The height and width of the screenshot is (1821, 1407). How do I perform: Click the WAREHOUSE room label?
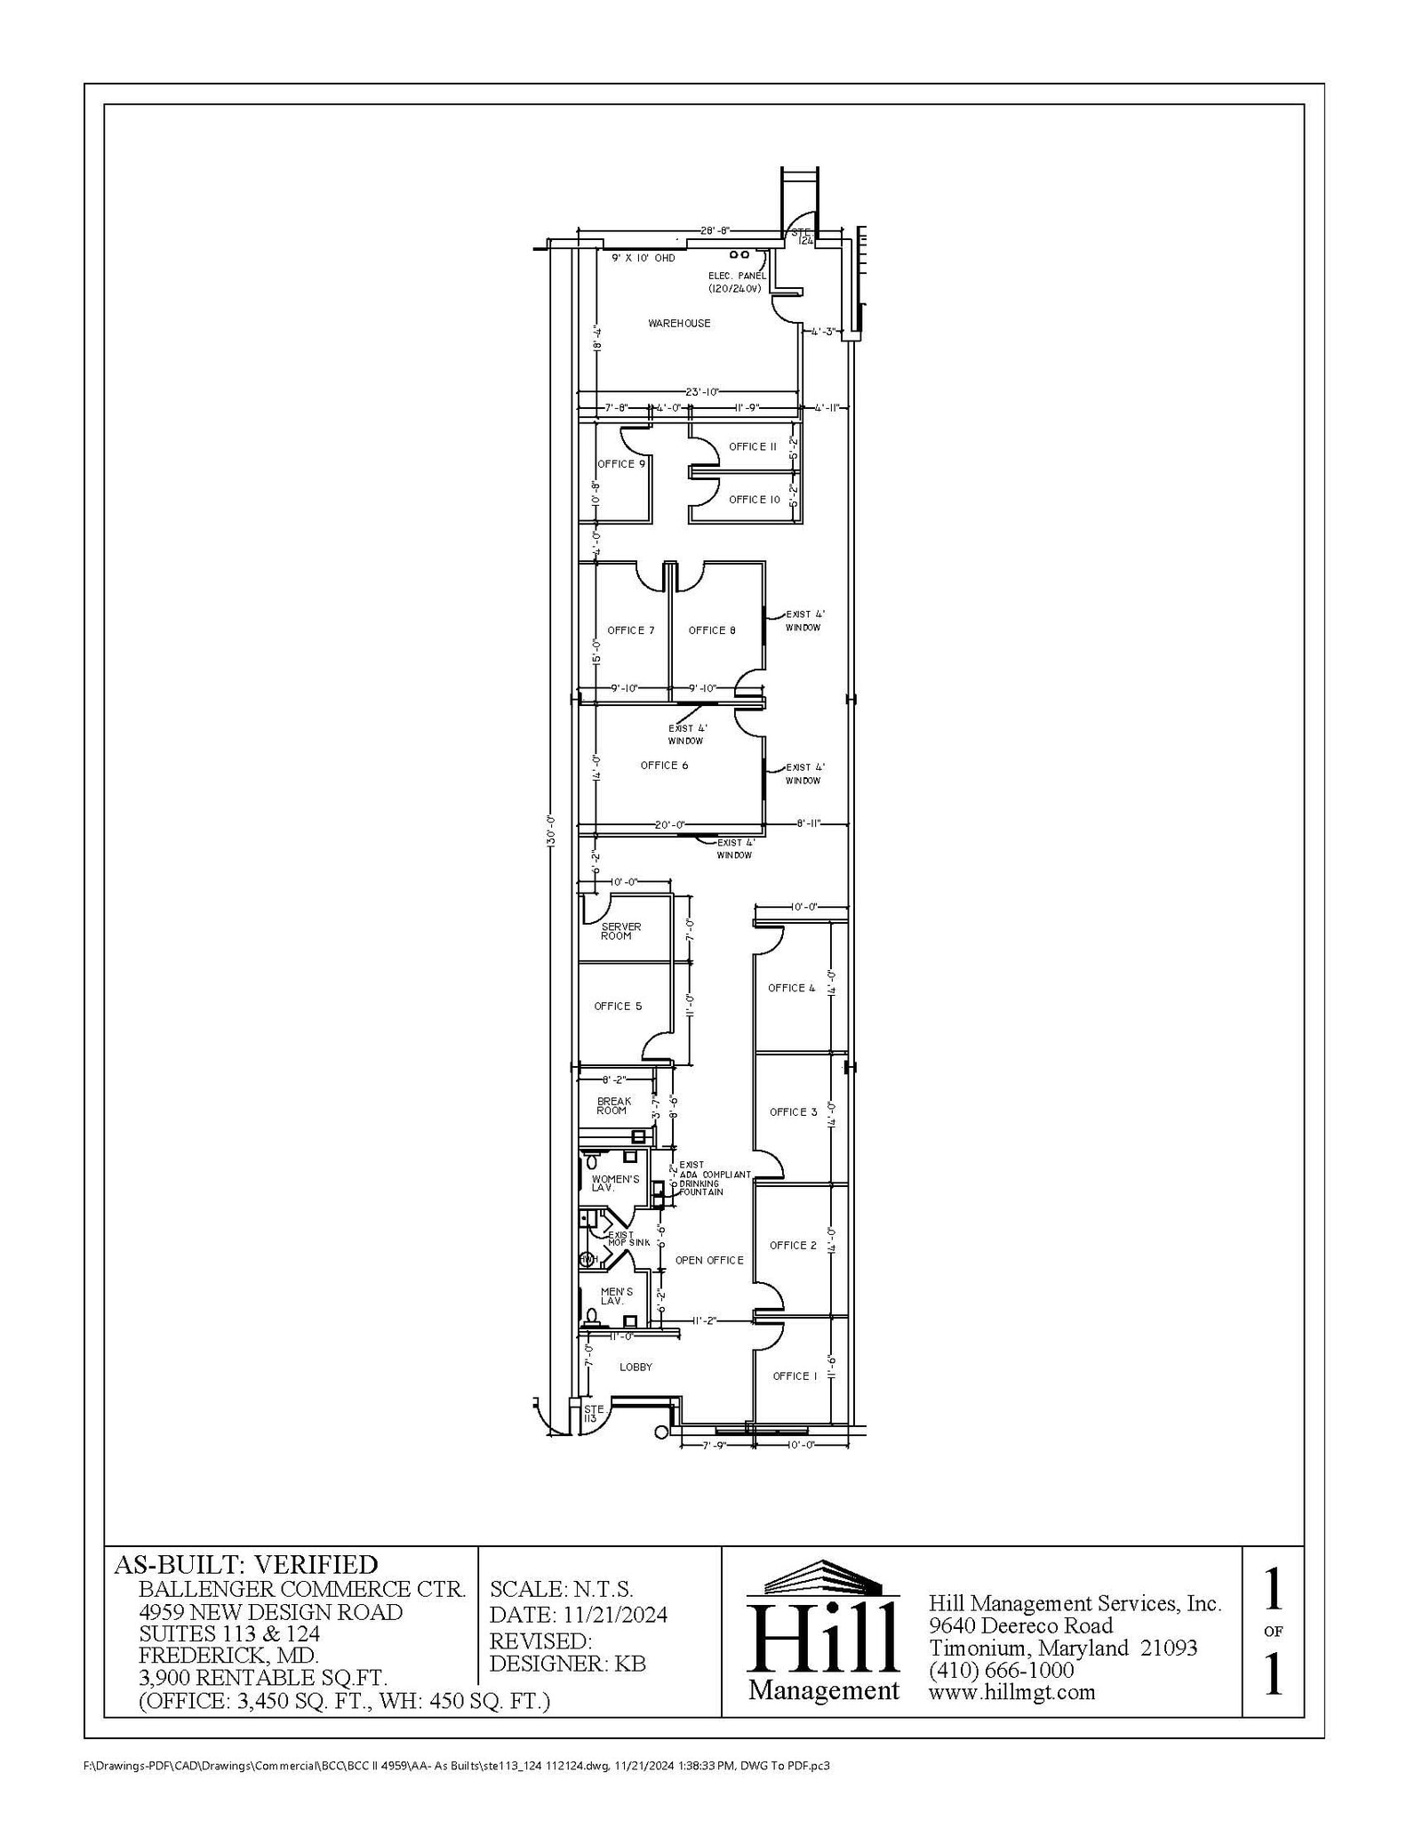click(x=679, y=324)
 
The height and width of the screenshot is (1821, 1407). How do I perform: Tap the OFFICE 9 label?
click(x=621, y=464)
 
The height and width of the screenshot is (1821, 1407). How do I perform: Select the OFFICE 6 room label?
click(x=664, y=766)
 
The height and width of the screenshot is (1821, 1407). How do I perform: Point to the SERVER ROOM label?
click(x=620, y=931)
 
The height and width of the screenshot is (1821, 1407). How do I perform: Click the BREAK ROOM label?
click(x=613, y=1106)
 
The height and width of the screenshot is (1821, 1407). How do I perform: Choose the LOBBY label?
click(x=636, y=1368)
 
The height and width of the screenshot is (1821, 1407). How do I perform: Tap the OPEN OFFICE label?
click(x=708, y=1261)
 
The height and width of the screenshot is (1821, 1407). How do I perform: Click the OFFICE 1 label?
click(x=794, y=1376)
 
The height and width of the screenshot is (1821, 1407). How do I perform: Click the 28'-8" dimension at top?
click(x=715, y=230)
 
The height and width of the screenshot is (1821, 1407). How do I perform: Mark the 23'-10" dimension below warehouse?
click(x=702, y=391)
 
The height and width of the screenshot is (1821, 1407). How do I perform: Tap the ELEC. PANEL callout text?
click(x=737, y=282)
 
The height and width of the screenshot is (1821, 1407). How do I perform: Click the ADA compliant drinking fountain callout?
click(x=714, y=1179)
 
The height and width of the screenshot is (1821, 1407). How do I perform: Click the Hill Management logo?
click(x=823, y=1632)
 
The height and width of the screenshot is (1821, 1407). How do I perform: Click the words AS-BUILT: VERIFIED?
click(x=245, y=1564)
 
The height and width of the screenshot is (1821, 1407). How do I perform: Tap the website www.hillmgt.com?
click(x=1011, y=1692)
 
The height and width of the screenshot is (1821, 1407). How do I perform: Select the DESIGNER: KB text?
click(x=567, y=1664)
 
